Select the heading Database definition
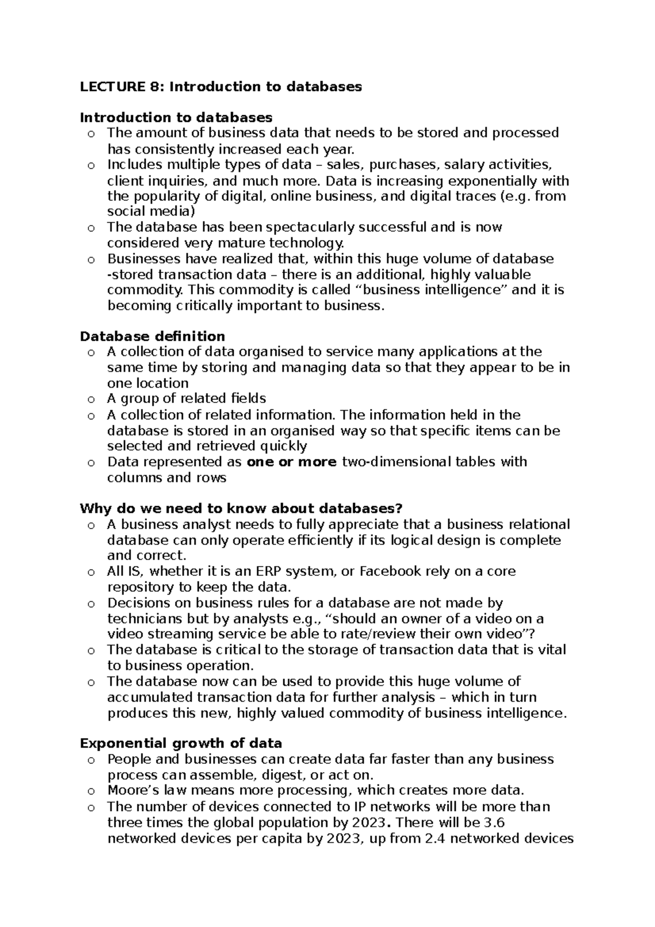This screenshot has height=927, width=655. pyautogui.click(x=152, y=336)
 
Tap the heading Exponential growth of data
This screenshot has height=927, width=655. pyautogui.click(x=181, y=744)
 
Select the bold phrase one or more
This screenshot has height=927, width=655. pyautogui.click(x=291, y=462)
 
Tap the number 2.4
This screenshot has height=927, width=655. pyautogui.click(x=434, y=839)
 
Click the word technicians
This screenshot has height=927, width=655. pyautogui.click(x=144, y=619)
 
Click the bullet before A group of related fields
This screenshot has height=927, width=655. pyautogui.click(x=91, y=400)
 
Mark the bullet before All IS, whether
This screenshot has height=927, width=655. pyautogui.click(x=91, y=572)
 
